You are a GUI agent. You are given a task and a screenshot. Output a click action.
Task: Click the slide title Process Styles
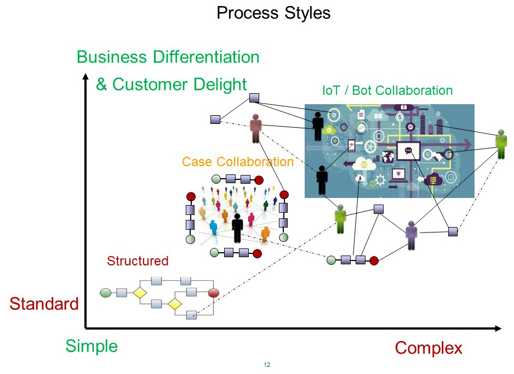point(273,12)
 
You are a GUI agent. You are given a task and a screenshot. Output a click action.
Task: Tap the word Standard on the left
point(44,304)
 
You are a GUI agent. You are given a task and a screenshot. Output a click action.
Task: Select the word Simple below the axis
point(92,346)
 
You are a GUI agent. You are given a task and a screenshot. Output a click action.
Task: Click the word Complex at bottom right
point(429,348)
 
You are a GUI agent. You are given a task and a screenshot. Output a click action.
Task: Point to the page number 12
point(267,365)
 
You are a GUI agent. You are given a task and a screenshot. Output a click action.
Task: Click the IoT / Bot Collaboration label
point(387,90)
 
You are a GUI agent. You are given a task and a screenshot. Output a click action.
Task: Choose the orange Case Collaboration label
point(238,162)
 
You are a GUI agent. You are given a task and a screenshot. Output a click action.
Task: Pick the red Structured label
point(138,261)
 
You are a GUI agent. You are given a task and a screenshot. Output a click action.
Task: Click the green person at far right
point(500,144)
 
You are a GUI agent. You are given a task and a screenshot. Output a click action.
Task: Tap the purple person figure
point(412,235)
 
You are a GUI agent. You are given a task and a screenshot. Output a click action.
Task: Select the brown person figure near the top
point(255,128)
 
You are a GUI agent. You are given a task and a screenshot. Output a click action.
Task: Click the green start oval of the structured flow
point(105,293)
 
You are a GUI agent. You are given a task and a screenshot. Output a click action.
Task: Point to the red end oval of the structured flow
point(214,293)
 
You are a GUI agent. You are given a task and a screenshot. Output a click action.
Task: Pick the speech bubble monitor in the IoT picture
point(408,150)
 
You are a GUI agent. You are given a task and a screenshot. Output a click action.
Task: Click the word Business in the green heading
point(112,57)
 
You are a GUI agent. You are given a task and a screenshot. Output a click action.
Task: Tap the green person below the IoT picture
point(340,219)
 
